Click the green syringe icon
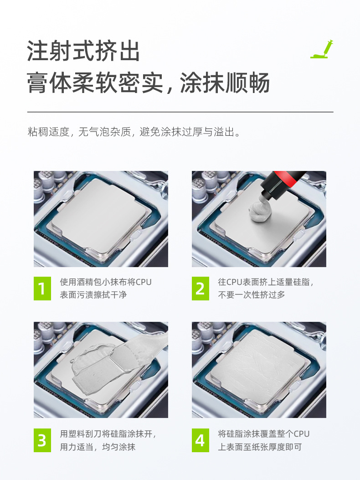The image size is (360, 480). click(322, 49)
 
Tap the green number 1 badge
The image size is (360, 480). click(42, 289)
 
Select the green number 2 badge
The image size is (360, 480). click(201, 289)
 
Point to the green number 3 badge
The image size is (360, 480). click(42, 440)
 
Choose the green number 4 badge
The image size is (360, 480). click(201, 440)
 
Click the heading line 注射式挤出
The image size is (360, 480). click(83, 51)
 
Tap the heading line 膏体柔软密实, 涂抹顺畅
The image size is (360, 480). click(148, 83)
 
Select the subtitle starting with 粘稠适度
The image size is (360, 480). click(134, 132)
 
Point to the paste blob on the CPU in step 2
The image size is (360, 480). click(260, 212)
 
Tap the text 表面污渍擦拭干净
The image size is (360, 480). click(93, 295)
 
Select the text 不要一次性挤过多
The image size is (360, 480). click(252, 295)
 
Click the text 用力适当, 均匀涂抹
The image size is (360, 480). click(98, 447)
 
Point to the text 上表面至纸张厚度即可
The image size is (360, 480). click(260, 447)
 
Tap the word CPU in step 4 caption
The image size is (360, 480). click(302, 434)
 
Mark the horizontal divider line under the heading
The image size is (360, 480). click(180, 112)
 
